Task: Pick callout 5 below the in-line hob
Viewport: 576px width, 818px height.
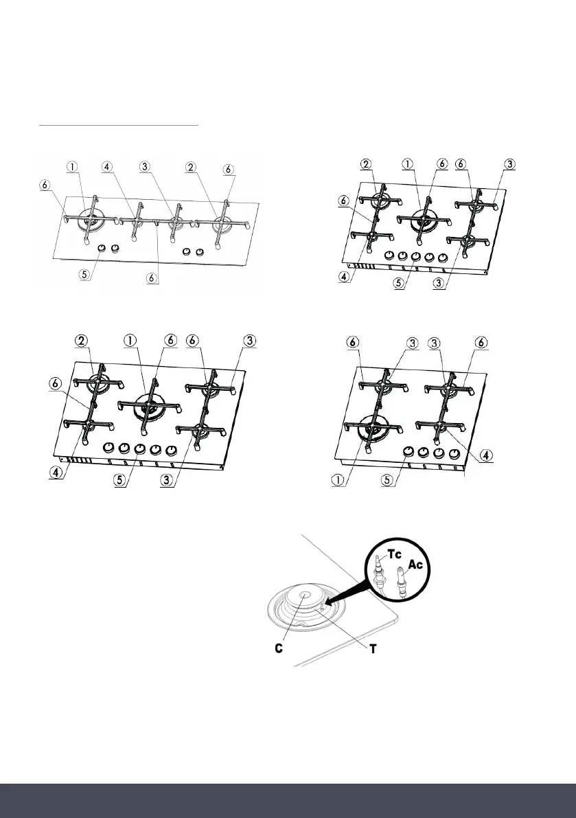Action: pos(84,273)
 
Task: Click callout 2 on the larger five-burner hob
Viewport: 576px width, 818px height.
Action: pos(82,341)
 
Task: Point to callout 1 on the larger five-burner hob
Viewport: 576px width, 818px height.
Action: pos(130,341)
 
